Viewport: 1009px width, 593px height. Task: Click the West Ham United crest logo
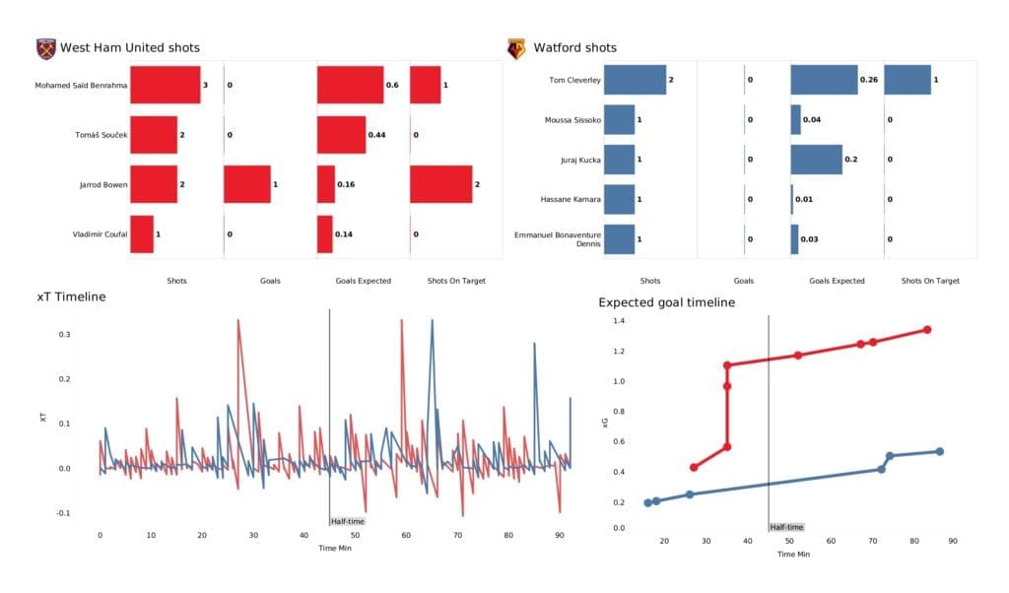[x=45, y=48]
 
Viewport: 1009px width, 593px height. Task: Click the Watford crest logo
[x=515, y=48]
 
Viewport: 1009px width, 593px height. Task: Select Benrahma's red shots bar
[x=165, y=86]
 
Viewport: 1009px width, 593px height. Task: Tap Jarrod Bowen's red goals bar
[x=246, y=184]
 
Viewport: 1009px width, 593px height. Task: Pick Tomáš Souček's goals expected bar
[x=341, y=134]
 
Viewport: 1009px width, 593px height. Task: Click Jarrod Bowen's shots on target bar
[x=440, y=184]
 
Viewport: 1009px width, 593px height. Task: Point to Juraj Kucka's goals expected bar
[x=816, y=160]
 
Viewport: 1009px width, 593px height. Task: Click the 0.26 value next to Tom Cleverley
[x=870, y=80]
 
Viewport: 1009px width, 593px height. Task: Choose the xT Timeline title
[x=71, y=296]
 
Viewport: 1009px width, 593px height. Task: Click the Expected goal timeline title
[x=666, y=302]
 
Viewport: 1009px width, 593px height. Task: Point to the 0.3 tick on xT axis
[x=64, y=335]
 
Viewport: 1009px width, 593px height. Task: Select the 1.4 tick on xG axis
[x=619, y=321]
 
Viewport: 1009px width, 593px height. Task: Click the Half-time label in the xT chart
[x=347, y=521]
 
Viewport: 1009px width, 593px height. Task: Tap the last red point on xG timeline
[x=927, y=330]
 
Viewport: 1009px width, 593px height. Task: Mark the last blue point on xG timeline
[x=939, y=451]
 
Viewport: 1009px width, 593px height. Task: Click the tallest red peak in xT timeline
[x=238, y=320]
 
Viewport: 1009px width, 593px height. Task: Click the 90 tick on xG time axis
[x=952, y=541]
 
